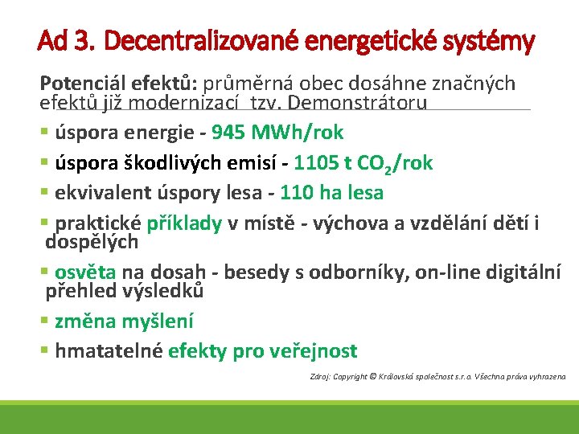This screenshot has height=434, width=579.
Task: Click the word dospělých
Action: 92,241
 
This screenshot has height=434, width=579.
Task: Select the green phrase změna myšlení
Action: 124,321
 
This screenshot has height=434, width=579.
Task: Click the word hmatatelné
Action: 109,350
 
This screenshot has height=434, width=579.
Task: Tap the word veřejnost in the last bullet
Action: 313,350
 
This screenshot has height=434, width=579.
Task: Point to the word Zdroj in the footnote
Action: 318,376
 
